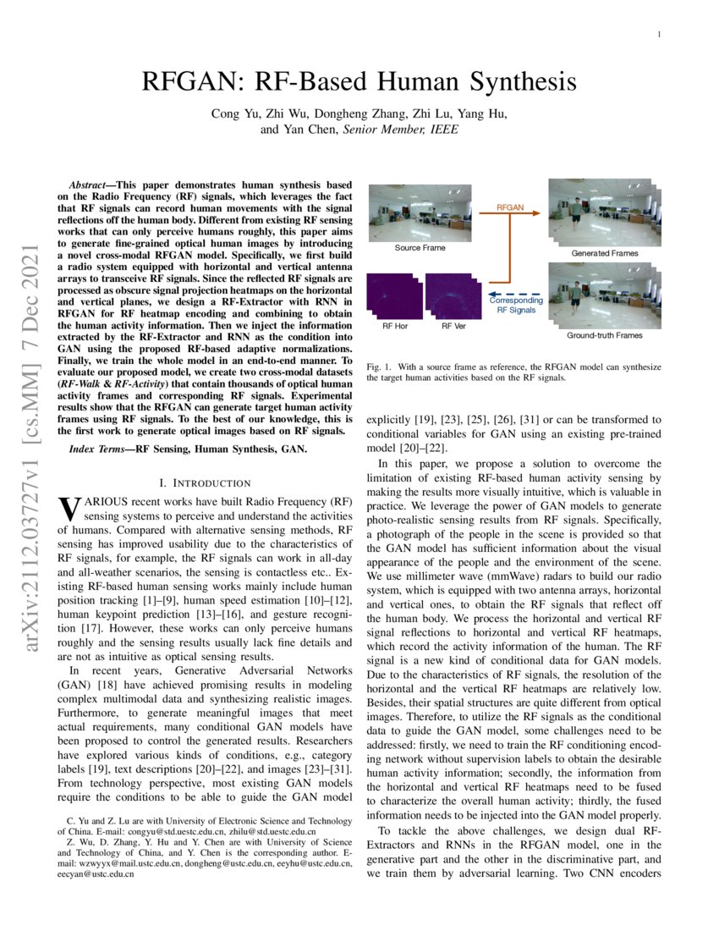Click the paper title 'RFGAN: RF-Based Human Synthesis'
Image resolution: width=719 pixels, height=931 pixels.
pos(359,82)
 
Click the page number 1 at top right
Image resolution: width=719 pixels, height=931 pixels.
pos(658,35)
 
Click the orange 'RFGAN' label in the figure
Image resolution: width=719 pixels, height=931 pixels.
pos(509,207)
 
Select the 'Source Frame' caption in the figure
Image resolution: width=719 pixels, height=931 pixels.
pos(419,248)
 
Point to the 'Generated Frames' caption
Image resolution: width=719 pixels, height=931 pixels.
pos(604,252)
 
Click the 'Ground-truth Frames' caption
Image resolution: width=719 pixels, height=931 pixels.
pos(604,335)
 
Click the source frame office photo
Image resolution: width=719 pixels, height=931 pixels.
pos(419,212)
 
